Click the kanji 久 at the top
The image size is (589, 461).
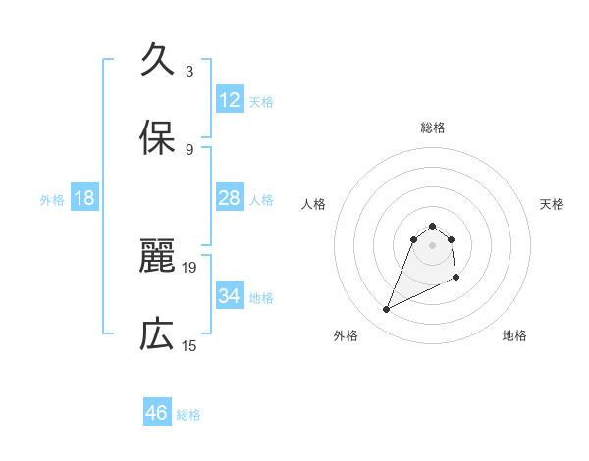tap(157, 61)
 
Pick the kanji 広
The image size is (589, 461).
tap(157, 335)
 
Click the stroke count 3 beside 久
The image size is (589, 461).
tap(189, 72)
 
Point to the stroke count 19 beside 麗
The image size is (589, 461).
tap(190, 267)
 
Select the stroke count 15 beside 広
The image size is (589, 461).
tap(190, 345)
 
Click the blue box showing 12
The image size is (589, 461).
tap(230, 100)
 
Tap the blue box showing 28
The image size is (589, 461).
tap(230, 198)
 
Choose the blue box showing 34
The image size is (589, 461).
tap(230, 296)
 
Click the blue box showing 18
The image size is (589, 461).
tap(84, 198)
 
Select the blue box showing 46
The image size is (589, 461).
tap(157, 413)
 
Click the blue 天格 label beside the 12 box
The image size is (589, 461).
tap(261, 102)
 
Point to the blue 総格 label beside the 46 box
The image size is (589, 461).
tap(188, 415)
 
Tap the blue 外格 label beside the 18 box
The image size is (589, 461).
tap(52, 200)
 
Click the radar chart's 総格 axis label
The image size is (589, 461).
tap(433, 128)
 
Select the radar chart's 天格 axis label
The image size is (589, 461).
tap(553, 204)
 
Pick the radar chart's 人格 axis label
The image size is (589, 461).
tap(314, 204)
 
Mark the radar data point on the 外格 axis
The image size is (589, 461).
tap(387, 310)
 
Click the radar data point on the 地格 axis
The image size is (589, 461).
tap(456, 279)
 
